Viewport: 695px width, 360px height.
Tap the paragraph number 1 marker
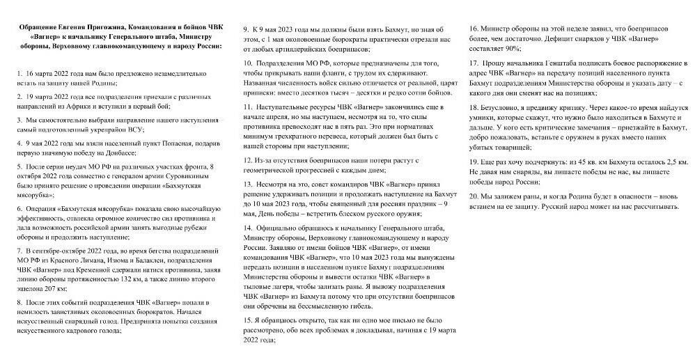[19, 72]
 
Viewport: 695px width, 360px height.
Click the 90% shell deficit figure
[508, 49]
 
